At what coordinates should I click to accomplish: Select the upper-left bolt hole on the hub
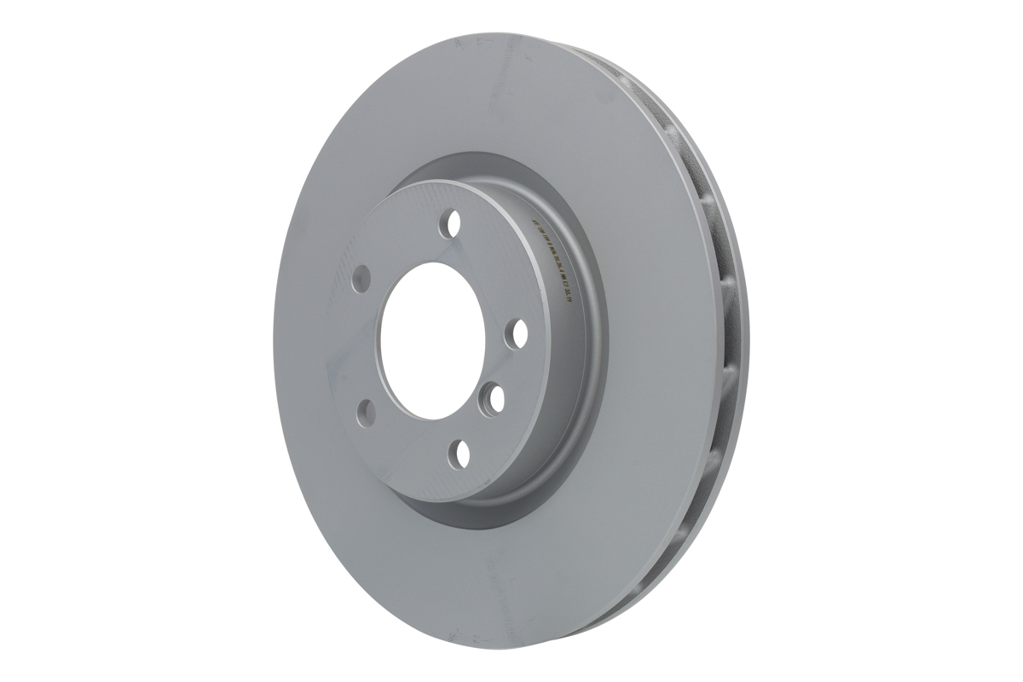[362, 276]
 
